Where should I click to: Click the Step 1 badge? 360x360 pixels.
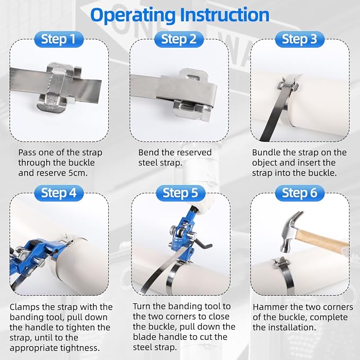[x=58, y=39]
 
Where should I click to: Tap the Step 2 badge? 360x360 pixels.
[x=179, y=39]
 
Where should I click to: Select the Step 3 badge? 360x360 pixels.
[x=300, y=39]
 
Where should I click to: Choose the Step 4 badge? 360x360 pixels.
[x=58, y=193]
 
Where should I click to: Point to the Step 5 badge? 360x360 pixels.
[x=180, y=193]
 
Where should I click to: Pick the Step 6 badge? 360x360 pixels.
[x=300, y=193]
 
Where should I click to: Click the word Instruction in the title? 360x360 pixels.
[x=225, y=15]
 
